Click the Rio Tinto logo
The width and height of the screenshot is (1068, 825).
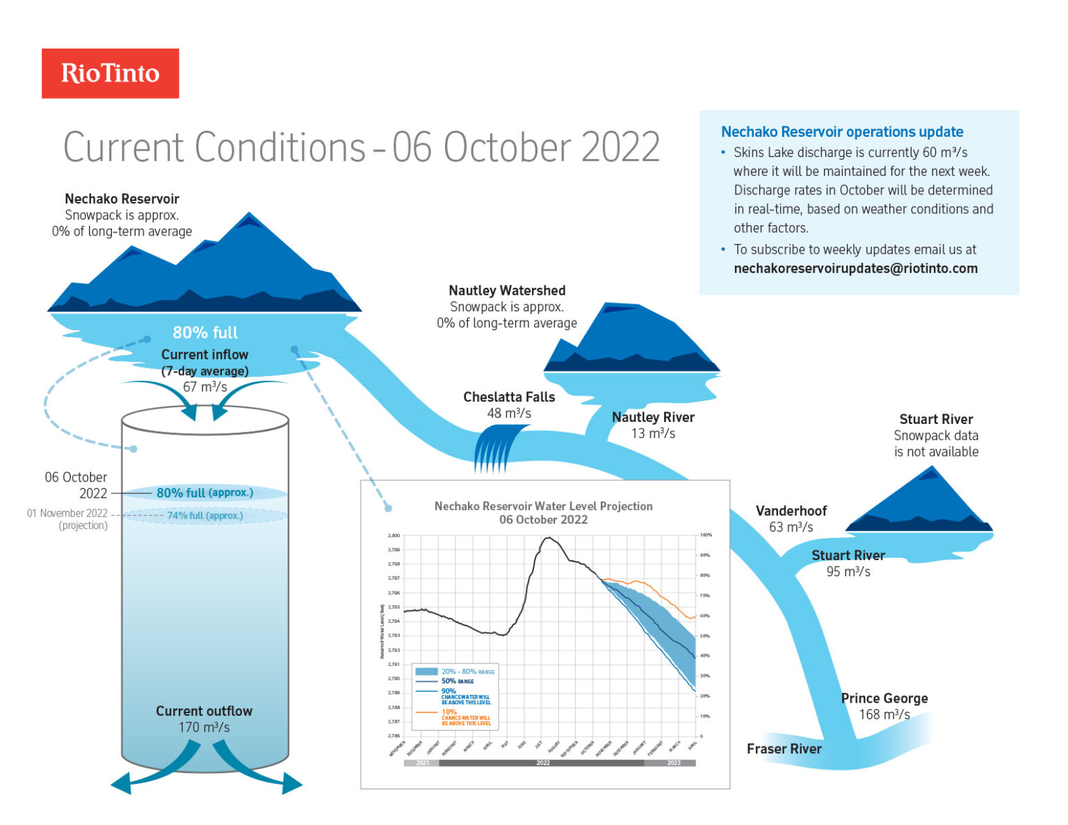point(110,73)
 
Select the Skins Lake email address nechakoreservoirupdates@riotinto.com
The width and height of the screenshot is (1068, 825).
point(855,268)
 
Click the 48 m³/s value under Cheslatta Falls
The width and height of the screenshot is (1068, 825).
point(509,414)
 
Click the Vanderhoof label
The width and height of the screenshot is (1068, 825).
point(791,511)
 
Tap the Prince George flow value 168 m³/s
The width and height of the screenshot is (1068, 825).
point(884,714)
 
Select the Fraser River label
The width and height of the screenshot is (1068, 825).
point(784,749)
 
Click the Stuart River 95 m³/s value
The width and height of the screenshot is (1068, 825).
point(848,571)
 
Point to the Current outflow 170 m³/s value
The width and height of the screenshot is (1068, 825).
point(204,727)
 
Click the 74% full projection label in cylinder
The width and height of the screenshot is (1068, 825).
point(205,516)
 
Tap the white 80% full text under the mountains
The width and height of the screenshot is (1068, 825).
point(205,332)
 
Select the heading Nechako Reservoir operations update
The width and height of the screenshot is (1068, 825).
point(842,132)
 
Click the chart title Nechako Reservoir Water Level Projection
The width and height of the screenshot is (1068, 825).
point(543,506)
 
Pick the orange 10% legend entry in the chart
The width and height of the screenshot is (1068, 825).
point(449,712)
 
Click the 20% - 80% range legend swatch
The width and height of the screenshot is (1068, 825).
point(426,671)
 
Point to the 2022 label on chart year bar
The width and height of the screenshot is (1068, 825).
point(542,763)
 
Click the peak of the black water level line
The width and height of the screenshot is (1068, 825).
point(549,537)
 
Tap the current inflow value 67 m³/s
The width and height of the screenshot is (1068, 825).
point(205,387)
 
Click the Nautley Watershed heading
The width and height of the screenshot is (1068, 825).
point(507,291)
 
